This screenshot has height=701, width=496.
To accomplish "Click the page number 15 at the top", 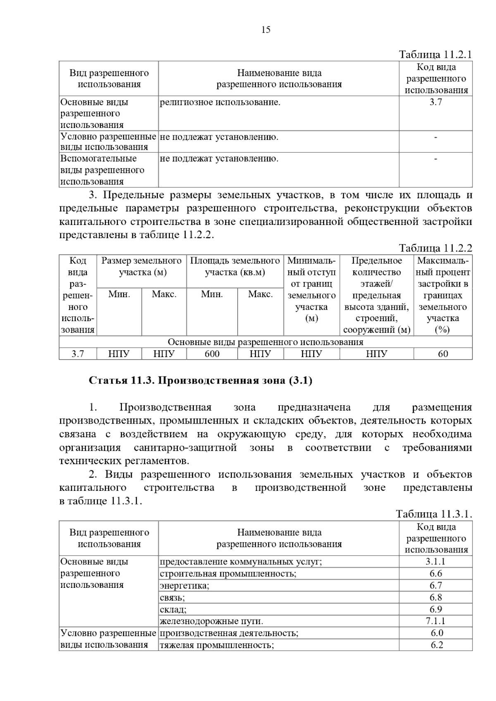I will point(266,30).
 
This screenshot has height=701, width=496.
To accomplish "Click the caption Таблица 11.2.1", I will point(435,54).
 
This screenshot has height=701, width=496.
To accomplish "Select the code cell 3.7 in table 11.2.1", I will point(436,102).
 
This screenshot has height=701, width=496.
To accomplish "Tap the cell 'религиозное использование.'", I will point(220,102).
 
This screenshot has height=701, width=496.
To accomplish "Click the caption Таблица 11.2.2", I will point(435,248).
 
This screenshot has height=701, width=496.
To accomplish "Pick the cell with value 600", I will point(212,354).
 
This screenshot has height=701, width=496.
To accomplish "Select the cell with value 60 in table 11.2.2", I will point(443,354).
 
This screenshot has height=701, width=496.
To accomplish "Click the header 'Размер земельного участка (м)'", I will point(141,266).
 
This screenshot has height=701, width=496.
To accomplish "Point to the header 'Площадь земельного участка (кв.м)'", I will point(235,266).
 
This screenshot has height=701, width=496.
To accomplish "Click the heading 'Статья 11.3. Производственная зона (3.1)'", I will point(200,380).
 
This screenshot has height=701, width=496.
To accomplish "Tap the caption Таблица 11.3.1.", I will point(434,514).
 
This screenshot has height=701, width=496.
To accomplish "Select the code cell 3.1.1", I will point(436,561).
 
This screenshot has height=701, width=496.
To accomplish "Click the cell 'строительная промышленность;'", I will point(228,573).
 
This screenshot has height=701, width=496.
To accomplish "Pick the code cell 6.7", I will point(436,585).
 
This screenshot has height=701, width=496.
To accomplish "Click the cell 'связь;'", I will point(172,597).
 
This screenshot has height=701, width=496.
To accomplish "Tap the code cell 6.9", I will point(436,609).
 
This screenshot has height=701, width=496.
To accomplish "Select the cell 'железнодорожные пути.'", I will point(211,621).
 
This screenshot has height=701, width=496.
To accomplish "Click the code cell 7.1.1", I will point(436,621).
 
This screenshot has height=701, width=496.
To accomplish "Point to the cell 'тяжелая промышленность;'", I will point(217,645).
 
